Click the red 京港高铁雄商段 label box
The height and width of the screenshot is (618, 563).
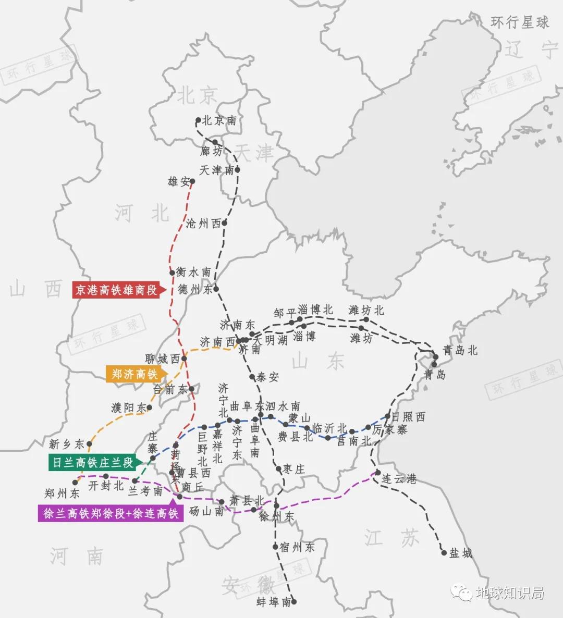pos(116,290)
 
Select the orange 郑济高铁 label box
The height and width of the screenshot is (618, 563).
pos(134,374)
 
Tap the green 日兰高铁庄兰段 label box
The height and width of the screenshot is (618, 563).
pos(92,462)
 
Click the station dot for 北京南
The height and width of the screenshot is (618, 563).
pos(198,120)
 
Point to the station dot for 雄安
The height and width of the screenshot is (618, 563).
pos(192,182)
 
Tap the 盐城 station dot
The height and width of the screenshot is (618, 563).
pos(444,552)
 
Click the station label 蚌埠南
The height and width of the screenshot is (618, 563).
pos(274,602)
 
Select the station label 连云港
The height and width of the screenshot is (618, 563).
pos(399,478)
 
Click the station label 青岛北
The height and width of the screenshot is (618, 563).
pos(460,350)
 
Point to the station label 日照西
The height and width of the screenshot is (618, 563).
pos(408,417)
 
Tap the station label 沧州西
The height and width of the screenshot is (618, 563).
pos(203,224)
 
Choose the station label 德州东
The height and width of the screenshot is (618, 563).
pos(195,289)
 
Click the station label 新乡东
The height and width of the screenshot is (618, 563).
pos(66,444)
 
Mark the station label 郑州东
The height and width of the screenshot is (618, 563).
pos(62,493)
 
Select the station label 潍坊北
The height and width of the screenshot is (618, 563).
pos(366,311)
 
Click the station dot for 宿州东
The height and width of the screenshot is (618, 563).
pos(275,547)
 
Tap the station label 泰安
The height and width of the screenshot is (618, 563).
pos(267,377)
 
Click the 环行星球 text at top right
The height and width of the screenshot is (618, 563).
pos(520,22)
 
